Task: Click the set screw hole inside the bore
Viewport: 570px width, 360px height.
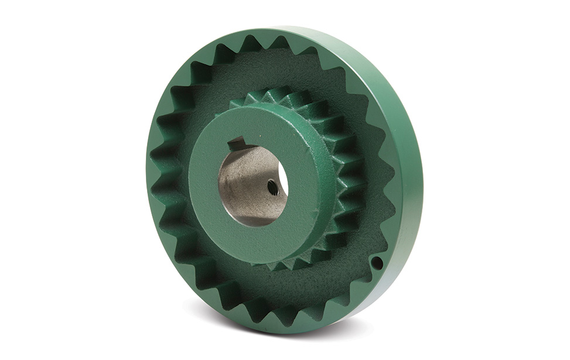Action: point(272,187)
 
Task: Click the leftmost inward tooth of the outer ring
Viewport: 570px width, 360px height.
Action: point(161,176)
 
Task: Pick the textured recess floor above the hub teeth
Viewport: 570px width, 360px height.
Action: point(264,73)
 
